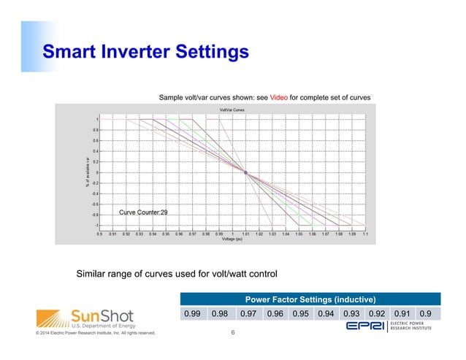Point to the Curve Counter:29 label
[x=143, y=212]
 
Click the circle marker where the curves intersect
[x=246, y=172]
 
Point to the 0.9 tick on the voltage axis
[x=100, y=234]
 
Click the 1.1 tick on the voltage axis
[x=364, y=234]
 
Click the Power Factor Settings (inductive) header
[x=310, y=299]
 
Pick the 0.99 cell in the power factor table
[x=193, y=314]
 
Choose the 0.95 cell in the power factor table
[x=300, y=314]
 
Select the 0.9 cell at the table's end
[x=425, y=314]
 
